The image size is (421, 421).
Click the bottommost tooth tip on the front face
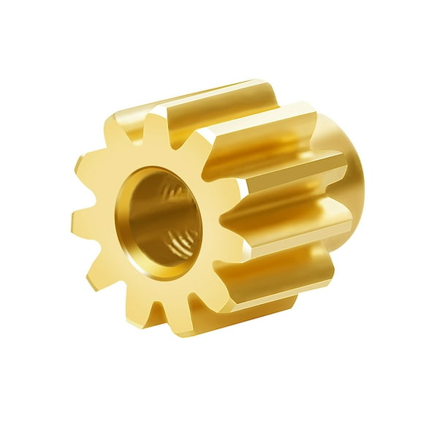(x=176, y=327)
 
